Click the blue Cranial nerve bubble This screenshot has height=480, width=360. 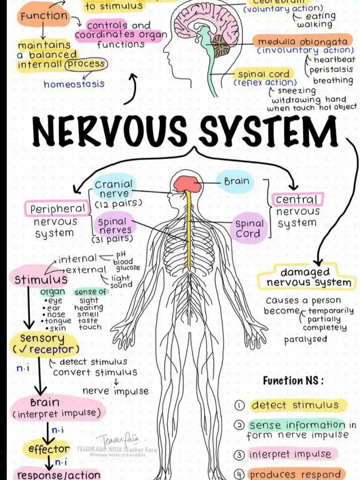[x=114, y=190]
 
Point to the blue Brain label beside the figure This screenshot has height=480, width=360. [x=236, y=182]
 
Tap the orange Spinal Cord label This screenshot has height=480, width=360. [x=248, y=228]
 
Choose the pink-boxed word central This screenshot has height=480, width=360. [x=297, y=200]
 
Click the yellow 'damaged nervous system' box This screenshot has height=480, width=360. [x=306, y=277]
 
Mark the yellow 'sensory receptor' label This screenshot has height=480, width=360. [x=43, y=343]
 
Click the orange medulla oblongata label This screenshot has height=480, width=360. [x=301, y=42]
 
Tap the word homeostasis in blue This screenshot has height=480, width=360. [x=74, y=84]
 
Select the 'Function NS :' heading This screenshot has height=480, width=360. [x=293, y=380]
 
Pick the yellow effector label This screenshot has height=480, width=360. [x=46, y=449]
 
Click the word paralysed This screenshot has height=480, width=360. [x=305, y=339]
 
